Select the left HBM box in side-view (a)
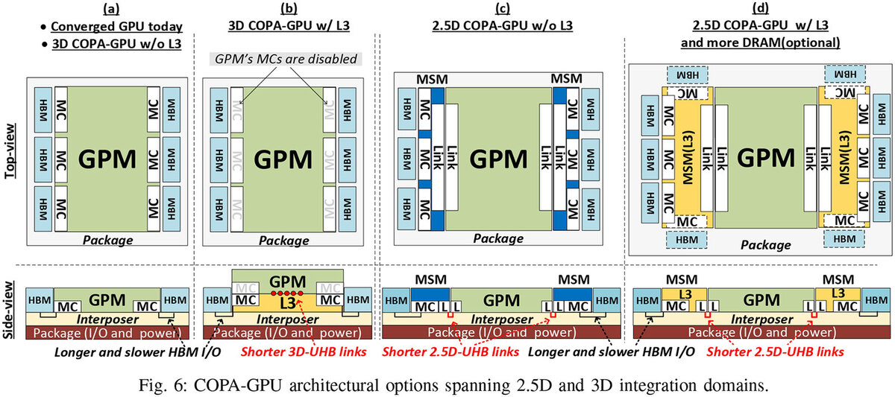click(39, 299)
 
